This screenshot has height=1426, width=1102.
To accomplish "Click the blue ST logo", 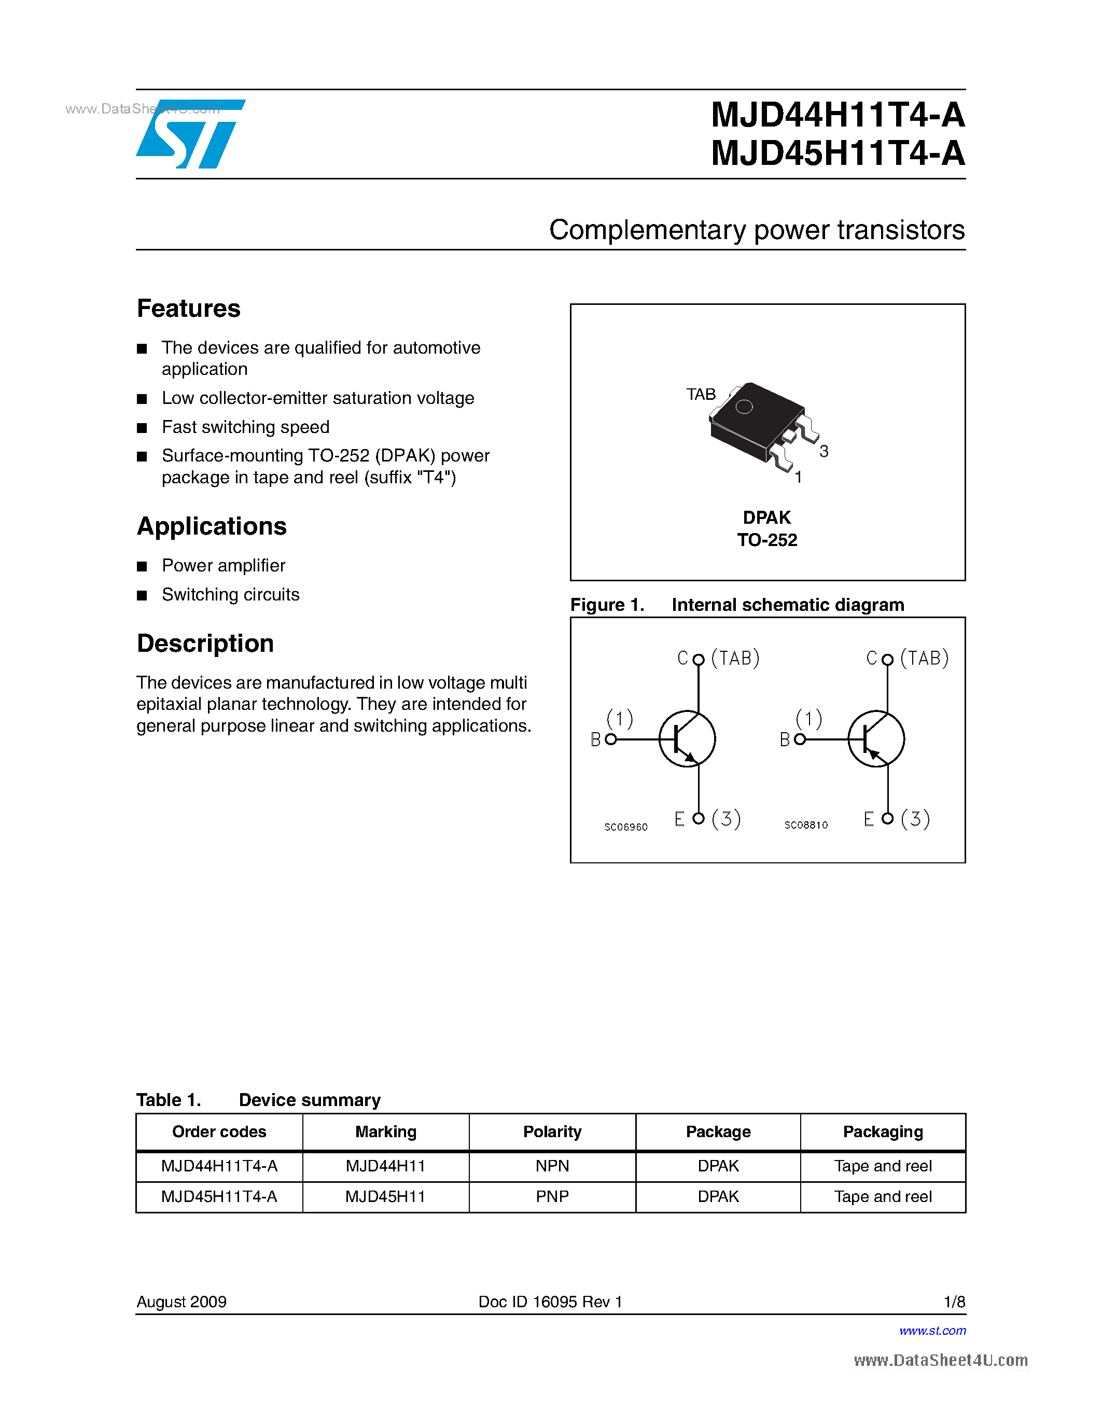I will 189,134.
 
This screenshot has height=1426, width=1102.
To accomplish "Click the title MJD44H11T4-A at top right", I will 837,115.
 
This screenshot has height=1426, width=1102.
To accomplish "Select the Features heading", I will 189,308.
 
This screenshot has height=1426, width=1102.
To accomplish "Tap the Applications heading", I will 212,526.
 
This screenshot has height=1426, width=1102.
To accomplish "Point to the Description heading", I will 205,643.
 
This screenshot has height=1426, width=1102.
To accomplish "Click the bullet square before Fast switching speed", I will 142,428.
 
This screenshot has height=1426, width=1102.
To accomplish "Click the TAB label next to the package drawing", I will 701,395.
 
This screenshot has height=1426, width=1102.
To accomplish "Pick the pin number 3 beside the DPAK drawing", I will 824,451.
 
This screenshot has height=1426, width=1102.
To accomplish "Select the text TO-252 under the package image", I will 767,540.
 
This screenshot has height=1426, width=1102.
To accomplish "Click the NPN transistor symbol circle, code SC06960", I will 687,739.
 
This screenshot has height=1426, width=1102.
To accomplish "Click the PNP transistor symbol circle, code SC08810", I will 875,739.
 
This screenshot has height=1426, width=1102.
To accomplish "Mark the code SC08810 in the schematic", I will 805,826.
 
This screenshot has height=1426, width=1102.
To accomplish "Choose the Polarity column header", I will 552,1131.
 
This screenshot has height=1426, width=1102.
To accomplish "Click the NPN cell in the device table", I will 552,1166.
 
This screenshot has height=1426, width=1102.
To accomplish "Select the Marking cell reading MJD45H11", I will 385,1197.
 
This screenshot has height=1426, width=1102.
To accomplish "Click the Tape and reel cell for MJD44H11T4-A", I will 883,1166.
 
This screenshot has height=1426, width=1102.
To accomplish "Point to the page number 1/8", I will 954,1302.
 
